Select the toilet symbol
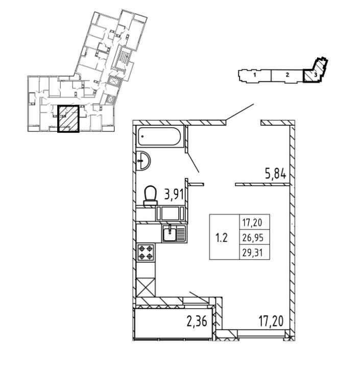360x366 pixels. click(x=150, y=195)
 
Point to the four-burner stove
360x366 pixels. click(x=146, y=253)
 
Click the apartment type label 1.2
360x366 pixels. click(x=222, y=238)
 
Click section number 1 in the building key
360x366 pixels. click(x=254, y=76)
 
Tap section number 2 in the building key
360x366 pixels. click(x=287, y=76)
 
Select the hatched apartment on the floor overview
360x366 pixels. click(x=68, y=119)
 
